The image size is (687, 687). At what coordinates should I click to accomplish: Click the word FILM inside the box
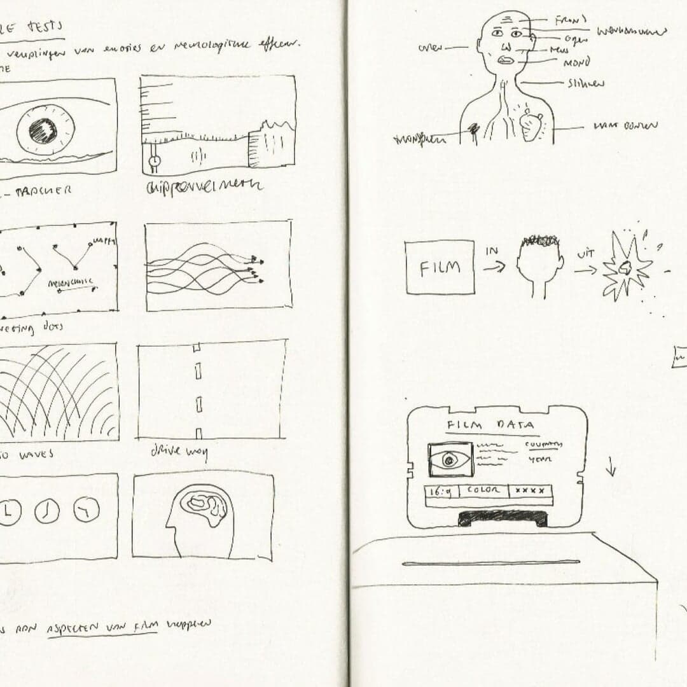(440, 267)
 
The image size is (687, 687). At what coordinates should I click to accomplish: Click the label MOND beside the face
(576, 62)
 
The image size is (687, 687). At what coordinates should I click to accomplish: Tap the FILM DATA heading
(489, 425)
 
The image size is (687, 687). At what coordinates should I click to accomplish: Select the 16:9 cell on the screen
(441, 491)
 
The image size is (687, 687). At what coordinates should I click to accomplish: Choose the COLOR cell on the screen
(483, 490)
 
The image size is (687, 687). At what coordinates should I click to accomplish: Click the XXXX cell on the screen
(530, 491)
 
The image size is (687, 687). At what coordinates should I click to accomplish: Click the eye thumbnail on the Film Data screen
(450, 459)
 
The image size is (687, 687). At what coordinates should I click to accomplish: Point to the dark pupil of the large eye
(43, 130)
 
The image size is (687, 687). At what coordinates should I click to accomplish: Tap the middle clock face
(47, 511)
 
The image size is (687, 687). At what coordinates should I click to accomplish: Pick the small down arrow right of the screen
(611, 469)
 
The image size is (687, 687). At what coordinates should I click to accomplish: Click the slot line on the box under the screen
(490, 562)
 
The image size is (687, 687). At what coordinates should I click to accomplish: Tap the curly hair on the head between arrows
(539, 241)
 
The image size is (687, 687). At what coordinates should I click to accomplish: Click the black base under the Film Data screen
(503, 518)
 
